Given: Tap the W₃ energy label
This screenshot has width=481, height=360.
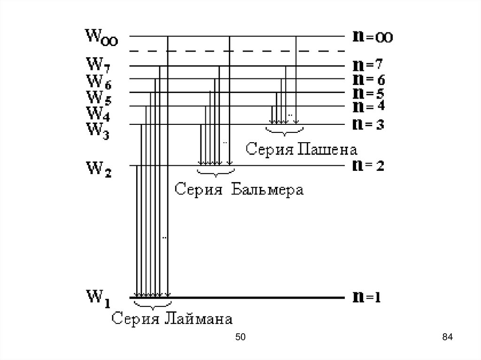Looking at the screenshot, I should point(98,129).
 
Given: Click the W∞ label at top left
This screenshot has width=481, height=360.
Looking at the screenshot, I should point(101,37).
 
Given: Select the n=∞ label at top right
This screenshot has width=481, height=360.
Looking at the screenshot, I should point(372,37).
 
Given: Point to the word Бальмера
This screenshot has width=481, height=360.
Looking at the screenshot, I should point(267,190).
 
